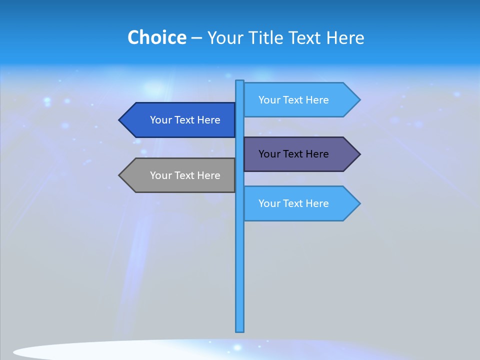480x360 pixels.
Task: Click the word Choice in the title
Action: pos(156,38)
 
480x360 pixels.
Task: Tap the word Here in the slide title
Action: pos(345,38)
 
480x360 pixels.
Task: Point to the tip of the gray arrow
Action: pos(120,175)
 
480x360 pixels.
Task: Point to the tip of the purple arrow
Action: pos(359,154)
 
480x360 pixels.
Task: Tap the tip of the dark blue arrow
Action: pos(120,120)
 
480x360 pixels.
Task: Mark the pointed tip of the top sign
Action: pos(359,100)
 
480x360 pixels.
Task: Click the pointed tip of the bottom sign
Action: pos(359,203)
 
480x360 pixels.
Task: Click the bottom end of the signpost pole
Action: pos(239,330)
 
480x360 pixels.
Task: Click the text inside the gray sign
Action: pos(185,175)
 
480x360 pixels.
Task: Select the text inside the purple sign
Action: pos(293,154)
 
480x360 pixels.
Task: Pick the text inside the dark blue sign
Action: pos(185,120)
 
